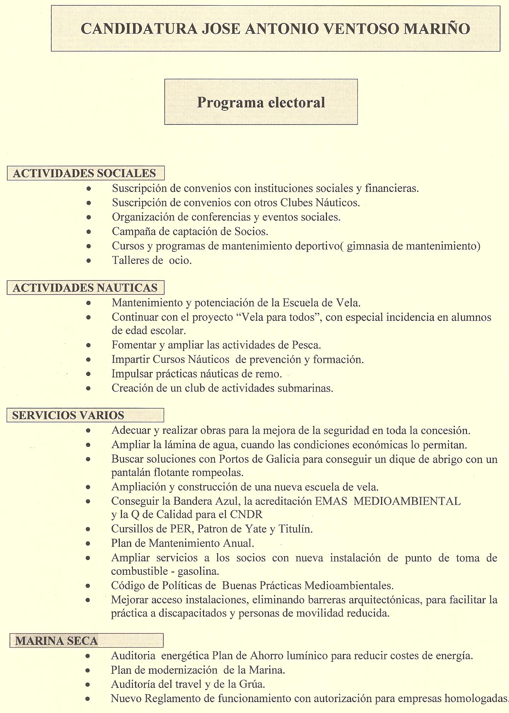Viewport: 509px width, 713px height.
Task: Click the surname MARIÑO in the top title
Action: click(437, 29)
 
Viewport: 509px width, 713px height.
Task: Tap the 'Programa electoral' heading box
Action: click(261, 102)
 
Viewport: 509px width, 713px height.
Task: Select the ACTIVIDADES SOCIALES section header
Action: click(85, 173)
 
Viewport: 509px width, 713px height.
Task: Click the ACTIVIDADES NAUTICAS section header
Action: click(85, 288)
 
